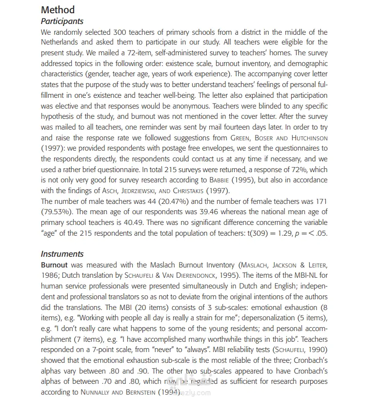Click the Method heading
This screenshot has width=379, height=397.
(58, 10)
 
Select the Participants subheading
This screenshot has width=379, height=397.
(62, 21)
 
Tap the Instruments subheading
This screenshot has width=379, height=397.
(62, 254)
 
